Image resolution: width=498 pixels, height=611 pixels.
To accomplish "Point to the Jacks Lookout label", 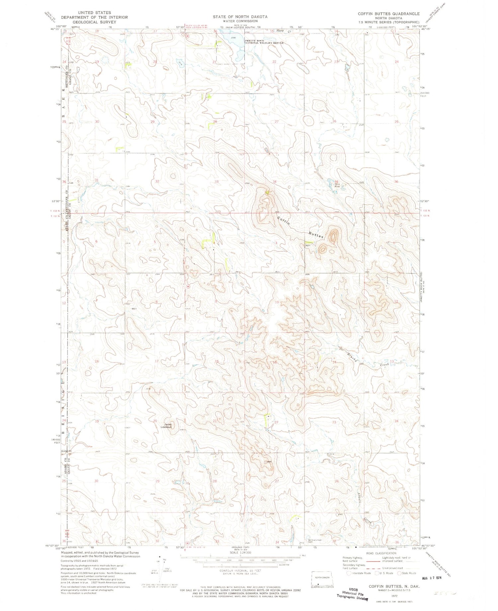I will click(167, 425).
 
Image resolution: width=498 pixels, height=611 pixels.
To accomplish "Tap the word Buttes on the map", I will click(316, 235).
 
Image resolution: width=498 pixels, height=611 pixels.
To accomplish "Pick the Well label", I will click(134, 309).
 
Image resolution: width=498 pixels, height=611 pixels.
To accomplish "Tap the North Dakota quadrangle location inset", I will click(321, 579).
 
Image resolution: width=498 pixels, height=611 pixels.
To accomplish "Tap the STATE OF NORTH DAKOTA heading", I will click(240, 17).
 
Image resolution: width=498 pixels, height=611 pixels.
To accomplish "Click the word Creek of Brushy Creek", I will click(384, 365).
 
